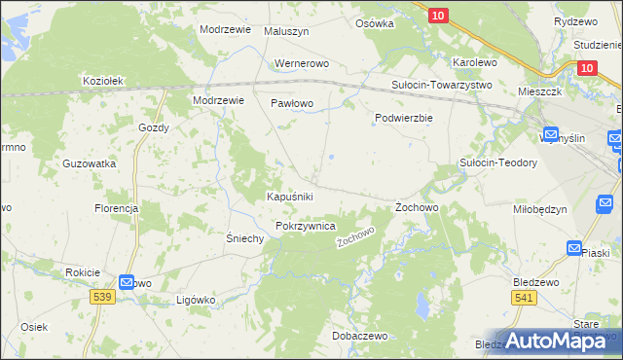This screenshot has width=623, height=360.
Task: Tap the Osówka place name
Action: [375, 22]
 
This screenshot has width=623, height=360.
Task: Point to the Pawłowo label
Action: [290, 102]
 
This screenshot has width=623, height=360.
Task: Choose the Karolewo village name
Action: [475, 62]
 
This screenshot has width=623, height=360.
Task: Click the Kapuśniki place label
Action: [290, 197]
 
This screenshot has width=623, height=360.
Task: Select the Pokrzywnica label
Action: [306, 226]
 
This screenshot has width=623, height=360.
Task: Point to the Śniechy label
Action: [245, 239]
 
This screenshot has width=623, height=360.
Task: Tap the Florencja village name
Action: [116, 208]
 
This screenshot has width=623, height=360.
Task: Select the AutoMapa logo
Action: [560, 342]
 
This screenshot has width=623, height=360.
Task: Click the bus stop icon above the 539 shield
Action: [128, 282]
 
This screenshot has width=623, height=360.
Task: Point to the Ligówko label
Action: [195, 301]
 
